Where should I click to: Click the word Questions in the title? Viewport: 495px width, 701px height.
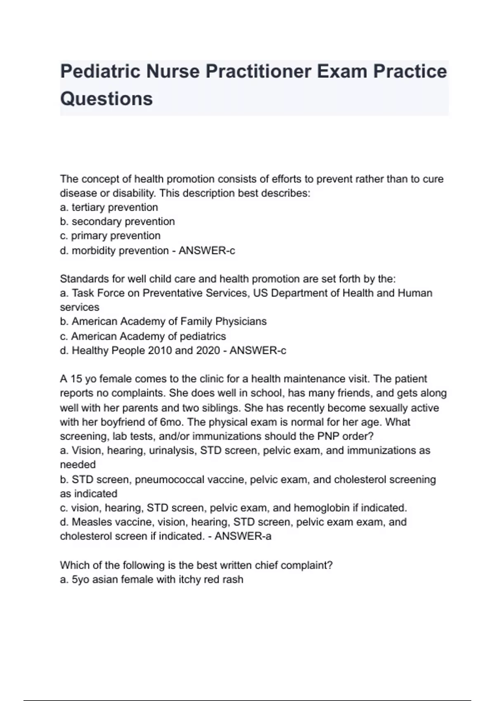(106, 99)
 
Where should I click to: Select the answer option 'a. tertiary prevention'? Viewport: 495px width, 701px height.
(109, 207)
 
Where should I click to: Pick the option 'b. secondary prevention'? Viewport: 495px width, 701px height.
(117, 221)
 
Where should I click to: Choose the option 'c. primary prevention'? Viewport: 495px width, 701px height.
(110, 236)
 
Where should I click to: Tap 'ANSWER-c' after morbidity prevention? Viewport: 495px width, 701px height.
(207, 250)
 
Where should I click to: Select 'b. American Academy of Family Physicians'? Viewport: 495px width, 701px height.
(163, 322)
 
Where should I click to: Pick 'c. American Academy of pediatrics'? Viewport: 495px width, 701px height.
(143, 336)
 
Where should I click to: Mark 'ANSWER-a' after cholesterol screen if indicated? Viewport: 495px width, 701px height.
(243, 536)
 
